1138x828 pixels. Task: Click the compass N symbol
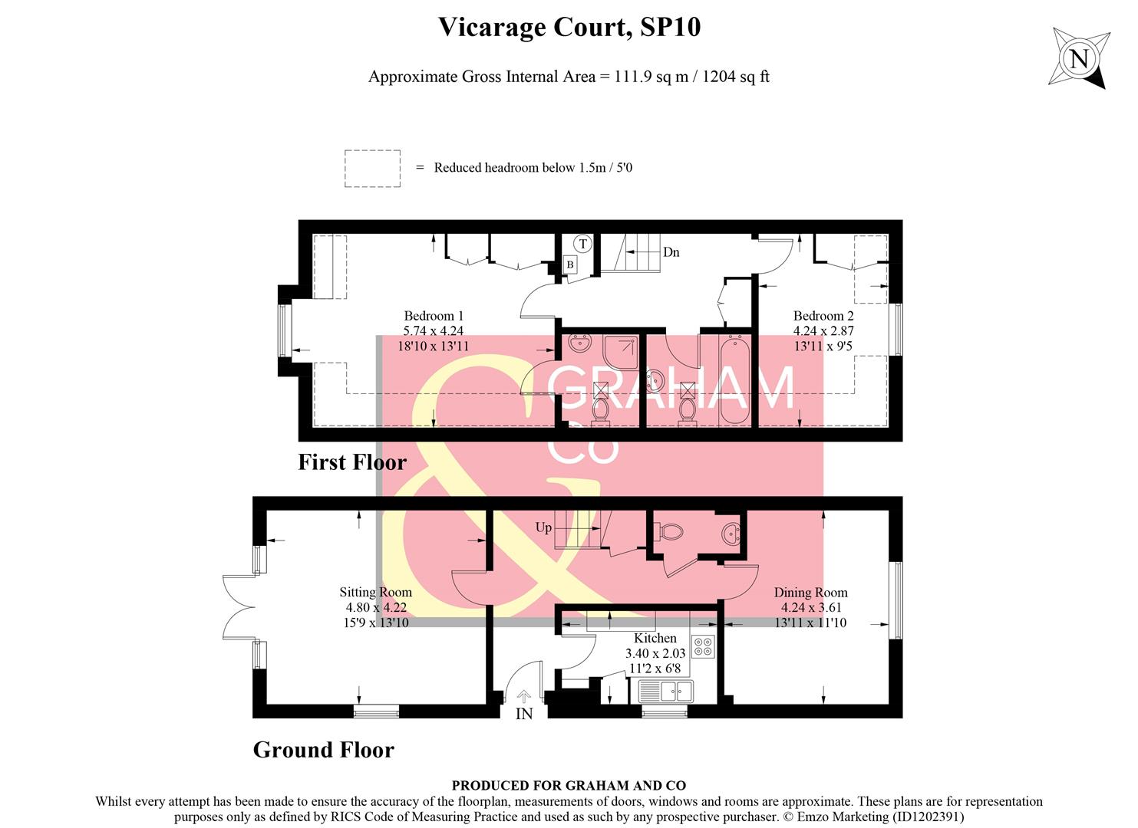click(1079, 59)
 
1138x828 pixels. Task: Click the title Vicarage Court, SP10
click(569, 28)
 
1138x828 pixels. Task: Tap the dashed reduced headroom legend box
click(372, 169)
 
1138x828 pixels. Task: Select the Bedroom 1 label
click(434, 316)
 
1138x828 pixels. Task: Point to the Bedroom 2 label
click(823, 316)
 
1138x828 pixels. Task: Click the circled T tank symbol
click(583, 244)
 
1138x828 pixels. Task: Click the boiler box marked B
click(570, 264)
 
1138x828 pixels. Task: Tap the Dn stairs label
click(671, 252)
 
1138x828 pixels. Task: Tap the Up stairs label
click(543, 527)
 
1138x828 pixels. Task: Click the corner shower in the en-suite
click(620, 352)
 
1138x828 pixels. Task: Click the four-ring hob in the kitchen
click(703, 646)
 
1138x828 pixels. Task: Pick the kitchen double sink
click(665, 691)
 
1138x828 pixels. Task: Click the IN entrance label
click(524, 714)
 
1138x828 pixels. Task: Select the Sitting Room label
click(375, 592)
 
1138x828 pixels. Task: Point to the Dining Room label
click(810, 592)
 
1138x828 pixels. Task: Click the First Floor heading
click(351, 462)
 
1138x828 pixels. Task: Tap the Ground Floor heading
click(323, 750)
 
